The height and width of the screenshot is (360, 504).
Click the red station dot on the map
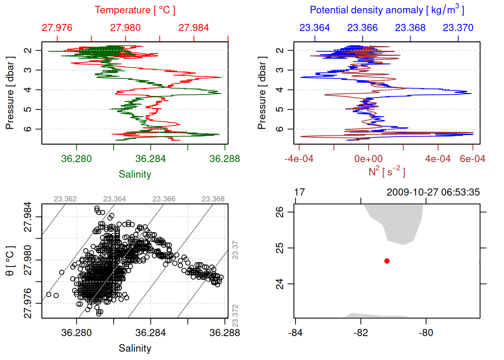click(x=387, y=261)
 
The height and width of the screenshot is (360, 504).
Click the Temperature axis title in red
click(x=135, y=10)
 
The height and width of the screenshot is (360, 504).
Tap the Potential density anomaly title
click(x=387, y=10)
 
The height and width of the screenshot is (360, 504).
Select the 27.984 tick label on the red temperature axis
click(x=193, y=28)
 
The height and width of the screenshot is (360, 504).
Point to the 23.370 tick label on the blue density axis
click(x=458, y=28)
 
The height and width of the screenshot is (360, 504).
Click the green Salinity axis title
click(x=135, y=174)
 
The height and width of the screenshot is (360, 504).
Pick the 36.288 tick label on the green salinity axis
click(x=225, y=159)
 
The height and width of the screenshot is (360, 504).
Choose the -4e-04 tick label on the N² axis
click(x=299, y=159)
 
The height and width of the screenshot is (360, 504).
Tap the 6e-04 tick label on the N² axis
click(x=472, y=159)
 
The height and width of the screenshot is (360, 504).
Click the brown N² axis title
click(x=387, y=171)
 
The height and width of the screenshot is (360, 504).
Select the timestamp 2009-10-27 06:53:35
click(x=433, y=192)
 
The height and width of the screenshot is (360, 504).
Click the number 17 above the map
click(x=299, y=192)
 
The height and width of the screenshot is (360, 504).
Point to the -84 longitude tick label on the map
click(x=295, y=333)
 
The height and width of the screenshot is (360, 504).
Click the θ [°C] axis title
click(x=10, y=261)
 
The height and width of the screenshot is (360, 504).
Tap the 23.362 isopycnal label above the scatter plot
click(x=65, y=199)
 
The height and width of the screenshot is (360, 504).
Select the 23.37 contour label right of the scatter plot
click(x=235, y=250)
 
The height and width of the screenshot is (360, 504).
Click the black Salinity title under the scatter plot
click(x=135, y=348)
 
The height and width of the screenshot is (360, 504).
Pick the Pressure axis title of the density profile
click(x=262, y=93)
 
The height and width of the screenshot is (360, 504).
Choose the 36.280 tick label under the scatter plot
click(x=76, y=333)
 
